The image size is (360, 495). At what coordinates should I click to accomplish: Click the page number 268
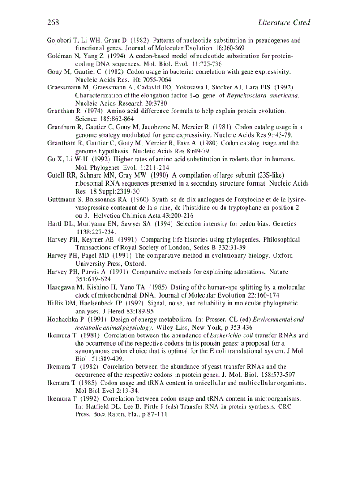(x=53, y=22)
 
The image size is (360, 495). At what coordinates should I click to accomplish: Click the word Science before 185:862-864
(x=86, y=119)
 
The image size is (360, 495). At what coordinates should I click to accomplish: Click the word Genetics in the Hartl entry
(x=282, y=224)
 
